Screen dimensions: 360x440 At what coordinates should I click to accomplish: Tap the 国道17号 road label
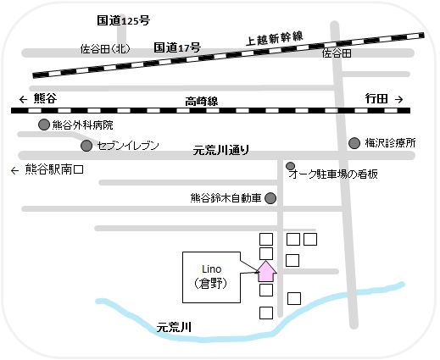(177, 49)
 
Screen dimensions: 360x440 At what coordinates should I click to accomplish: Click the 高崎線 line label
(201, 101)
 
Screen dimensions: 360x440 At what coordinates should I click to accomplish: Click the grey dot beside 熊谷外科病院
(43, 125)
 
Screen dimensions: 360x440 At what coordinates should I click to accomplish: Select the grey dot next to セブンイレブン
(87, 146)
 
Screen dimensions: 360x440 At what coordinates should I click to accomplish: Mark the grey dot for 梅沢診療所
(356, 143)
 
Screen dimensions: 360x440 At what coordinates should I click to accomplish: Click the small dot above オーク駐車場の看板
(291, 165)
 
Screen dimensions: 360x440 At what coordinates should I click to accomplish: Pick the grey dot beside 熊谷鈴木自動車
(270, 199)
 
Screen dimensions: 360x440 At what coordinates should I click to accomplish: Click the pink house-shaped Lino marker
(266, 271)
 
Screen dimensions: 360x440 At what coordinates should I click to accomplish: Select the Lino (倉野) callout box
(211, 277)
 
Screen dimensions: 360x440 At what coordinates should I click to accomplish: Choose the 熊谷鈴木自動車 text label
(226, 199)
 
